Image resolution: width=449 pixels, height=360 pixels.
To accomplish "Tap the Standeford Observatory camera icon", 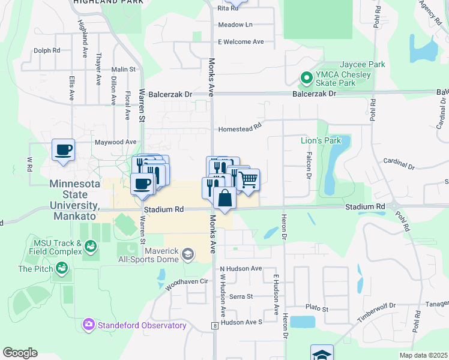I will (89, 325).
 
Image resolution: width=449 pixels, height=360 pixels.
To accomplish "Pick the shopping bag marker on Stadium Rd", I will (224, 197).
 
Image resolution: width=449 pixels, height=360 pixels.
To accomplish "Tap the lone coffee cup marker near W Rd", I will (63, 150).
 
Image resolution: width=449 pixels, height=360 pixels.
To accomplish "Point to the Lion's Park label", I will (321, 140).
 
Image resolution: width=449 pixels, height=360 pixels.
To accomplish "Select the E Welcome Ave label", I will (241, 42).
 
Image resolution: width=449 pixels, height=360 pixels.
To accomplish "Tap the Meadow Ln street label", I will (235, 25).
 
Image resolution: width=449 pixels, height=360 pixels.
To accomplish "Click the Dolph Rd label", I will (47, 51).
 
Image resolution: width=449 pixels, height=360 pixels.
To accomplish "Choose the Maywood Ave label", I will (116, 142).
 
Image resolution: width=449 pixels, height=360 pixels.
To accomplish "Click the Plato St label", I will (317, 308).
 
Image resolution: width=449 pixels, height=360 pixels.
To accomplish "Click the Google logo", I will (20, 353).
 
